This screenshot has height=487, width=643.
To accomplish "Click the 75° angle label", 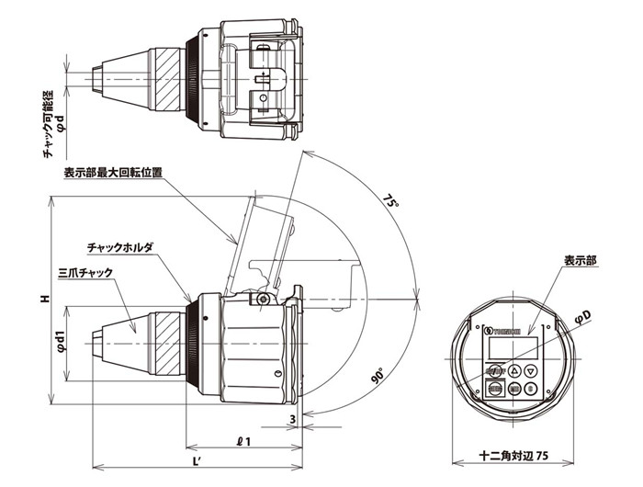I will pyautogui.click(x=392, y=200).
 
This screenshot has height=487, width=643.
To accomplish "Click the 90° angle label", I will pyautogui.click(x=378, y=378).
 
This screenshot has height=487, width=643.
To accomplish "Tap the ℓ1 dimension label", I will pyautogui.click(x=243, y=440).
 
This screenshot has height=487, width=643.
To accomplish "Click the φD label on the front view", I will pyautogui.click(x=581, y=317).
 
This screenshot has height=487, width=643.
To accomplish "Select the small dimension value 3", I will pyautogui.click(x=291, y=419).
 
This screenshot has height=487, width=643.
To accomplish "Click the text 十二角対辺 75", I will pyautogui.click(x=514, y=456).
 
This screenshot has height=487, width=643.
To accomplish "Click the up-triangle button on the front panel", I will pyautogui.click(x=515, y=370).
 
